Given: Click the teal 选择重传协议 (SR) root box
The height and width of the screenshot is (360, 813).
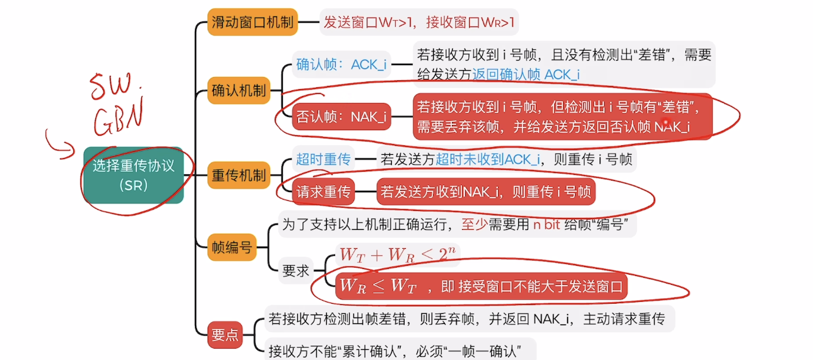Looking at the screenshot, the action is (133, 175).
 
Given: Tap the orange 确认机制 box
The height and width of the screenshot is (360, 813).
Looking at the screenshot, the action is (238, 90).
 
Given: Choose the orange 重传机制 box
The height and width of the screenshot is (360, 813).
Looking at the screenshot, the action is (238, 175).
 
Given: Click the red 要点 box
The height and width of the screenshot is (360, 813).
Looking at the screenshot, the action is (225, 335).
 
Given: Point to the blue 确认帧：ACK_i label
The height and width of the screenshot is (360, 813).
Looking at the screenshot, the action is (341, 64).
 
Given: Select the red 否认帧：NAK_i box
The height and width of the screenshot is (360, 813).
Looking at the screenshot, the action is (341, 116).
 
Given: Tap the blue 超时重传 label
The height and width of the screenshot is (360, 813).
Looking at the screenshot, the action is (323, 159).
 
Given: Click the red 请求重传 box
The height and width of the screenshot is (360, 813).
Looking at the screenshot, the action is (323, 191).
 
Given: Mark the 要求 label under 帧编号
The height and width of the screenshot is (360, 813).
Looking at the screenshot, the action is (296, 270).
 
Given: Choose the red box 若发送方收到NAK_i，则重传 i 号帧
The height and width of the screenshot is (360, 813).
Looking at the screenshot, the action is (485, 191).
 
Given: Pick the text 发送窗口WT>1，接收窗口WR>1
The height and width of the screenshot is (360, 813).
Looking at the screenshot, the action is (419, 23).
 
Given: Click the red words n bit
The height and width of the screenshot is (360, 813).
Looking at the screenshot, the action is (542, 225).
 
